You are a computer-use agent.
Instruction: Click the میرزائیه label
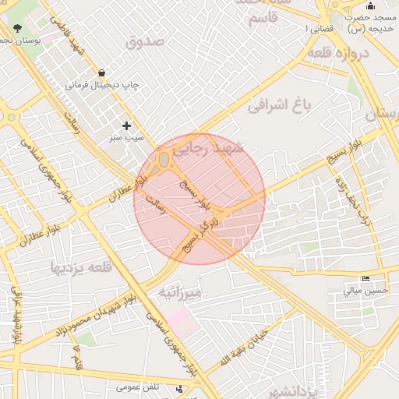180,292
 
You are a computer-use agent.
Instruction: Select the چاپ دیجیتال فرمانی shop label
96,86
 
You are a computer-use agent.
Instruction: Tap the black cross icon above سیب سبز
126,125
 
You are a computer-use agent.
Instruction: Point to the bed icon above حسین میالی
365,279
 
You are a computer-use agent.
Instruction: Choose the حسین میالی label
365,291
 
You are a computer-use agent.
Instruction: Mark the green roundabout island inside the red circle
164,161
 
